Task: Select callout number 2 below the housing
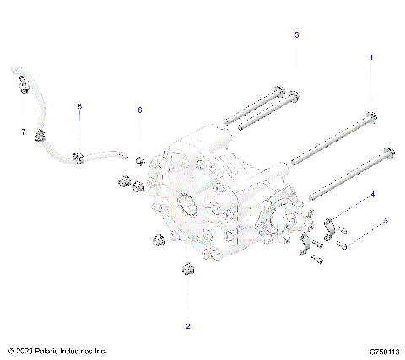[187, 325]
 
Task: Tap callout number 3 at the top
[296, 36]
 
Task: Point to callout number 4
[372, 194]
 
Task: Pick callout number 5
[386, 221]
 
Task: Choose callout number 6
[140, 110]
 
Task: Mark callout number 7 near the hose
[24, 132]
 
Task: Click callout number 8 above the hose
[79, 107]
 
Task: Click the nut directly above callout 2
[187, 270]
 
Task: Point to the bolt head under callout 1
[371, 116]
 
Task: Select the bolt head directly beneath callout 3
[295, 94]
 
